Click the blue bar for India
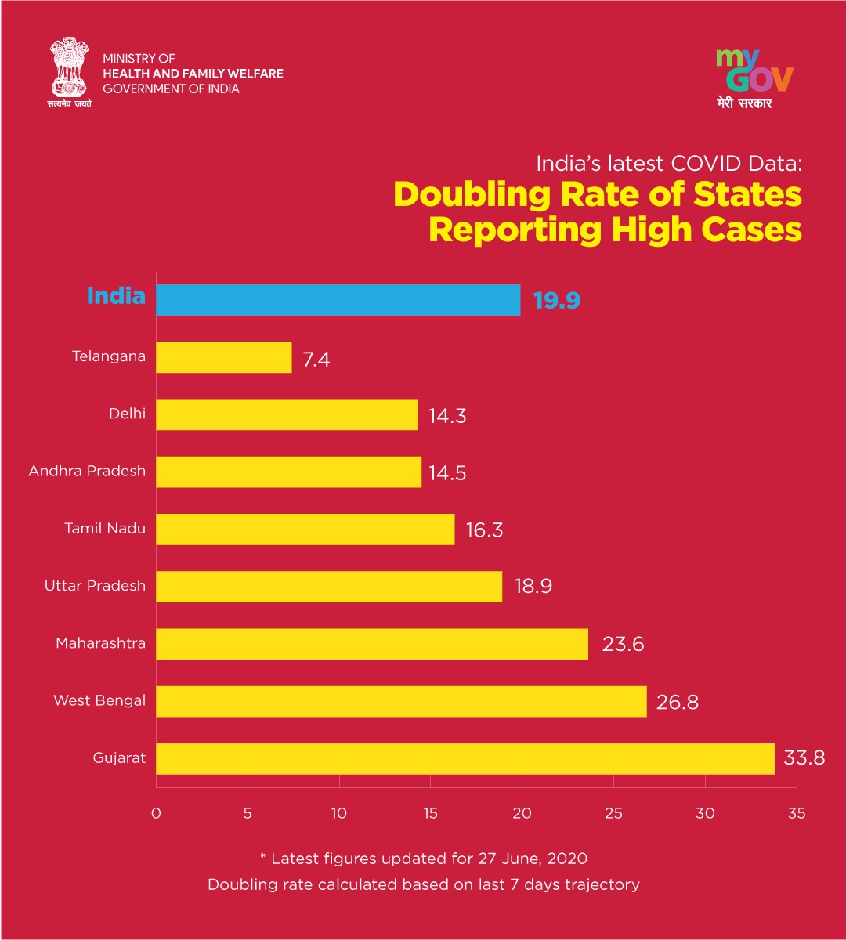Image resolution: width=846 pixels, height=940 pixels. (338, 300)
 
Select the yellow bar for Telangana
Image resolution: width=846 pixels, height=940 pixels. (224, 357)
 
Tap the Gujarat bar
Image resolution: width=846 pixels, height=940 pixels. (465, 758)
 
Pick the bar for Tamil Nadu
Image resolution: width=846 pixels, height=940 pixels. (305, 529)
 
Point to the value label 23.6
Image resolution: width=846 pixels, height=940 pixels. (623, 645)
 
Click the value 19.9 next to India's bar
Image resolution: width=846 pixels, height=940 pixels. (557, 300)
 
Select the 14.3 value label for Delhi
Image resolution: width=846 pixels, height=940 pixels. (447, 416)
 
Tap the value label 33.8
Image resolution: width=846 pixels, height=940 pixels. (804, 758)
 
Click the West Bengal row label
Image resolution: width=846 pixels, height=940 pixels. (99, 700)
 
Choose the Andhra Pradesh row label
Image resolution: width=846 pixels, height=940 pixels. (87, 471)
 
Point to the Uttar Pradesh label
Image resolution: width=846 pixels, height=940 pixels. (95, 586)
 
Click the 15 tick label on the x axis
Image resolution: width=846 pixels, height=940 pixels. (430, 813)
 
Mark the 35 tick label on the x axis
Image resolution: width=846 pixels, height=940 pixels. (797, 813)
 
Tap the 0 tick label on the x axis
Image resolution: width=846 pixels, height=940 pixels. (156, 813)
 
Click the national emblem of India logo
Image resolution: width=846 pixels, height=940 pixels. (70, 73)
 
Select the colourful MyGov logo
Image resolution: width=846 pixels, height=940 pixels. (754, 78)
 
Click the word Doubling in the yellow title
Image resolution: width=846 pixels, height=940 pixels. (472, 195)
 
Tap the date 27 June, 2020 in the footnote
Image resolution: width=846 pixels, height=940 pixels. (533, 859)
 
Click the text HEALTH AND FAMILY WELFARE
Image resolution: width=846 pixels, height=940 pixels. (193, 74)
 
